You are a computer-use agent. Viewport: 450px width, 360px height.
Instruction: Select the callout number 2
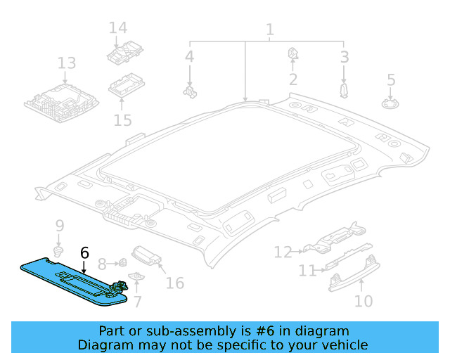(292, 79)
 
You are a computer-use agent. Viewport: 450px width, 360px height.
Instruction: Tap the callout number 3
(345, 57)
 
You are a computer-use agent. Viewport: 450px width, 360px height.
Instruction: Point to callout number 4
(189, 57)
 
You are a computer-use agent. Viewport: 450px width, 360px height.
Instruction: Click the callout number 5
(391, 80)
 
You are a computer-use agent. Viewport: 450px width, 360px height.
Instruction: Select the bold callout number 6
(84, 252)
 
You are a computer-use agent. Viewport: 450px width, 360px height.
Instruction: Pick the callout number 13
(66, 63)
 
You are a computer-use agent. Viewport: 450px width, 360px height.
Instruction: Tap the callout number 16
(174, 283)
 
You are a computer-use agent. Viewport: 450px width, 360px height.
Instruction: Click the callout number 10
(363, 302)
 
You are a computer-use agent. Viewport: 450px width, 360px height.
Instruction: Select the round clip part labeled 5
(390, 103)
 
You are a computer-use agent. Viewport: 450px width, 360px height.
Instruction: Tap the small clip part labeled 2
(292, 54)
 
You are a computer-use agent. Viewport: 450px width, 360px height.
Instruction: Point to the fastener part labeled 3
(344, 89)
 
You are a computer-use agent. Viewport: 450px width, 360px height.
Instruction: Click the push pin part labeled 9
(60, 250)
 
